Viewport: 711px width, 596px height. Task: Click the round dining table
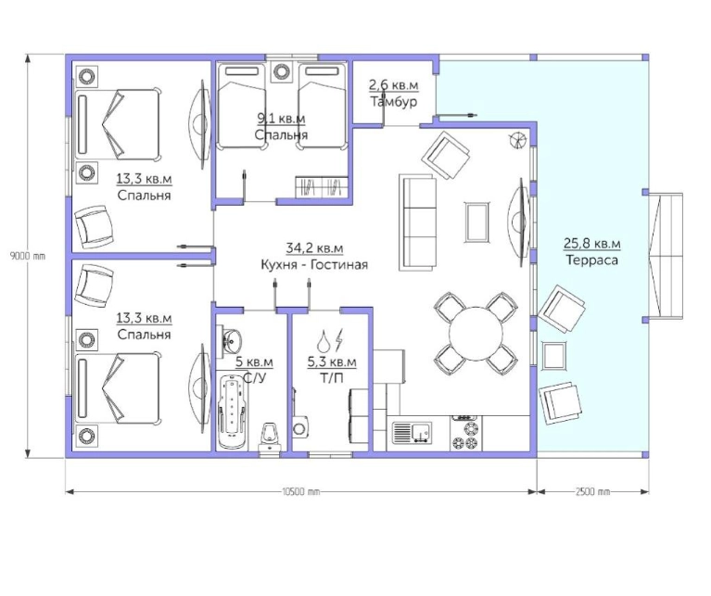click(x=476, y=334)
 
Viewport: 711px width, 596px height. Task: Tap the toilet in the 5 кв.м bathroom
click(x=271, y=436)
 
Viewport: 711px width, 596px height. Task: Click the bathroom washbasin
click(x=232, y=339)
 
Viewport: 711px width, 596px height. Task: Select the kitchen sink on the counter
click(x=412, y=432)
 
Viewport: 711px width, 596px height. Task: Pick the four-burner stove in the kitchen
click(x=466, y=434)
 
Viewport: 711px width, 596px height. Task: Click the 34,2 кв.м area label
click(x=314, y=248)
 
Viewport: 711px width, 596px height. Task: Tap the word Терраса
click(x=591, y=260)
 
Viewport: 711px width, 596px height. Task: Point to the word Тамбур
click(x=394, y=101)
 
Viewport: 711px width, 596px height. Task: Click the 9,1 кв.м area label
click(x=281, y=119)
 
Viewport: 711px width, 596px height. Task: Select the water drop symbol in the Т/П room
click(x=324, y=341)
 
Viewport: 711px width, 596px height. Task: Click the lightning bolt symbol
click(x=339, y=340)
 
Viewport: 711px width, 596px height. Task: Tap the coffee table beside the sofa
click(x=477, y=222)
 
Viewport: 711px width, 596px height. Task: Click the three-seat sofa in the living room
click(x=417, y=222)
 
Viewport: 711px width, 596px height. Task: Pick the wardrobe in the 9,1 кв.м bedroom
click(x=323, y=186)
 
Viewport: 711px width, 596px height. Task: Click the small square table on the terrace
click(x=553, y=356)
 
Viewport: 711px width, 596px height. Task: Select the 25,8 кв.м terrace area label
click(x=592, y=244)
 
